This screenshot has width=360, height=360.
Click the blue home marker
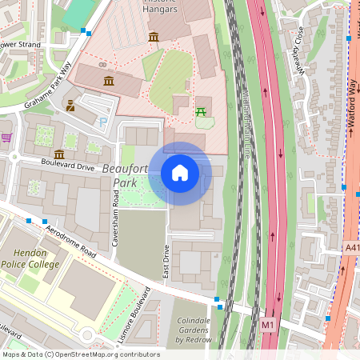[180, 172]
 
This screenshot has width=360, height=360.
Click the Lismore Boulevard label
[134, 316]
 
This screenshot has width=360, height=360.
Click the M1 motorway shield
[267, 326]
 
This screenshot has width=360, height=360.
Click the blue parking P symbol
[102, 122]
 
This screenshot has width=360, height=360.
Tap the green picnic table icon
[202, 111]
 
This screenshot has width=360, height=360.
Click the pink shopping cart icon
[6, 138]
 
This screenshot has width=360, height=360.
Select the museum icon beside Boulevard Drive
[59, 154]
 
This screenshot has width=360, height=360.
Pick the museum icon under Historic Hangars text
[153, 38]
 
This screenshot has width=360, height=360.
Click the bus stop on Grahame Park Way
[85, 32]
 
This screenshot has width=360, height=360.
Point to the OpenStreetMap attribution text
[70, 354]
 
